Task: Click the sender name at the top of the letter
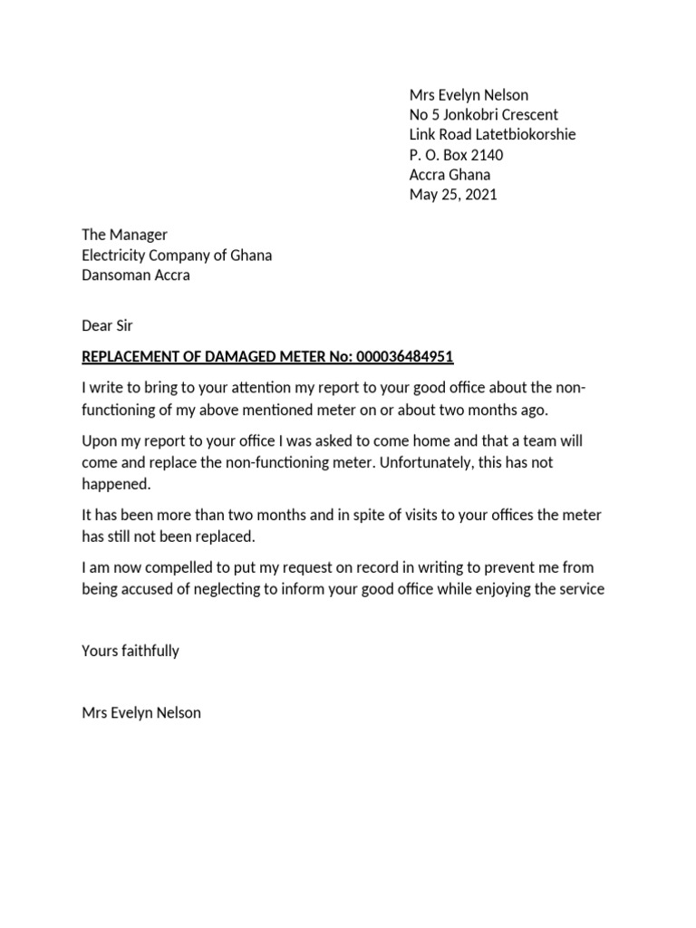pyautogui.click(x=469, y=95)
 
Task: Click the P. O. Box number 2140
pyautogui.click(x=486, y=155)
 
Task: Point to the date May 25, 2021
pyautogui.click(x=453, y=195)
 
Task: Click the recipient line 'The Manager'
pyautogui.click(x=124, y=235)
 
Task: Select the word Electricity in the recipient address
pyautogui.click(x=115, y=255)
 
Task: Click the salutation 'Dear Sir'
pyautogui.click(x=107, y=324)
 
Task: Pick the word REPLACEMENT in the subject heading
pyautogui.click(x=134, y=356)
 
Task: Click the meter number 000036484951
pyautogui.click(x=406, y=356)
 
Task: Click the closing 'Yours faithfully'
pyautogui.click(x=130, y=651)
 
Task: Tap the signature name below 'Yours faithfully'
pyautogui.click(x=141, y=712)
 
